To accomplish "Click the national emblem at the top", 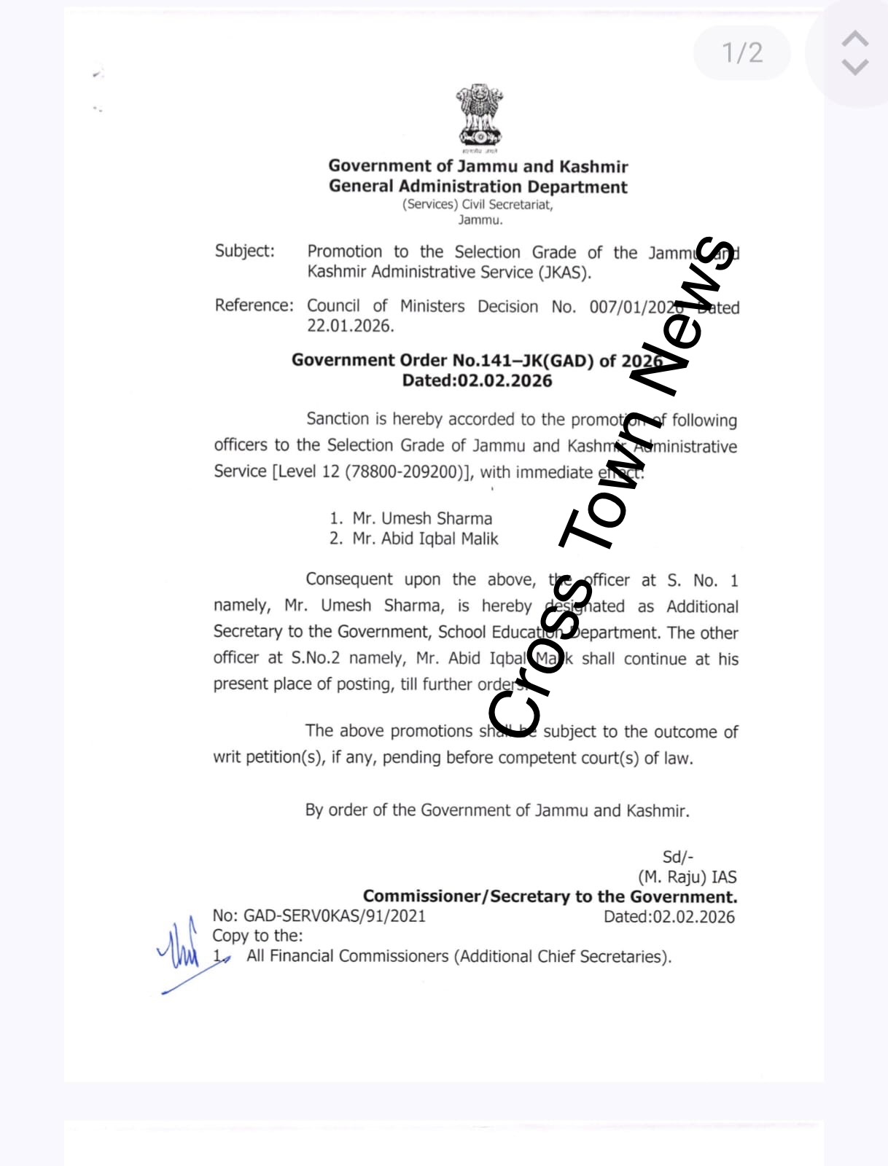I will pyautogui.click(x=480, y=117).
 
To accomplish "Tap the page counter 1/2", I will pyautogui.click(x=742, y=52).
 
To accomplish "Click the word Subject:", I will pyautogui.click(x=245, y=251).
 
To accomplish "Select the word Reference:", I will pyautogui.click(x=254, y=305).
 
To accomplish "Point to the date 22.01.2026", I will pyautogui.click(x=350, y=326).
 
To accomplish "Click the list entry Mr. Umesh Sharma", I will pyautogui.click(x=421, y=518).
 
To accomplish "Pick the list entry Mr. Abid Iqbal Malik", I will pyautogui.click(x=424, y=539).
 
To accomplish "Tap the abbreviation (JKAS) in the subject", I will pyautogui.click(x=564, y=272).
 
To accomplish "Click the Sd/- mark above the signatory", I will pyautogui.click(x=677, y=857).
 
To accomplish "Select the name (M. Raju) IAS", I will pyautogui.click(x=687, y=877).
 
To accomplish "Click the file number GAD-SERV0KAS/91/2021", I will pyautogui.click(x=334, y=916).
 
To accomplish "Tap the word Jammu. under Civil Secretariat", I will pyautogui.click(x=480, y=220).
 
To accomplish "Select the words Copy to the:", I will pyautogui.click(x=257, y=936).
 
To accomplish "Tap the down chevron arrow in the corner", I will pyautogui.click(x=855, y=67).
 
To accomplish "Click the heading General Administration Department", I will pyautogui.click(x=478, y=187).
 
